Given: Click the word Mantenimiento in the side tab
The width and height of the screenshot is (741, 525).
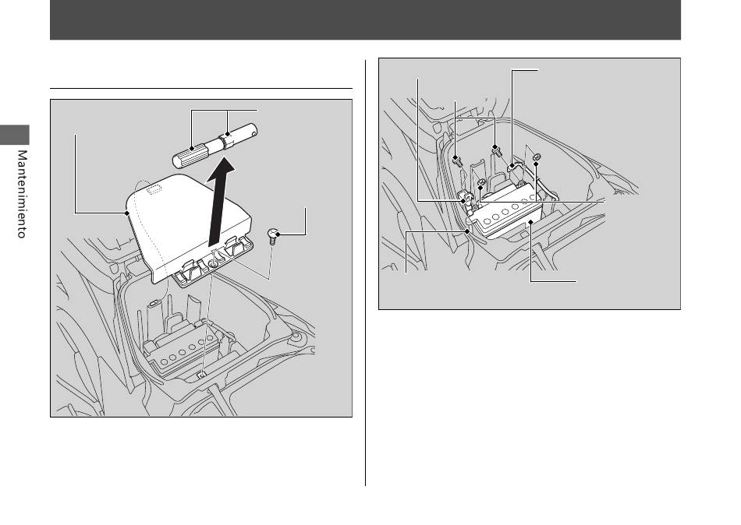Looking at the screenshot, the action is tap(22, 194).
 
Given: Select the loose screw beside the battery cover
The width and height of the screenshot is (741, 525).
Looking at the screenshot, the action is tap(273, 234).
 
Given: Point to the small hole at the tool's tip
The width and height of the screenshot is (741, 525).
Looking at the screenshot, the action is tap(254, 133).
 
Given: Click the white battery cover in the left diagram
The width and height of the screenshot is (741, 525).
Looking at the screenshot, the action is tap(188, 227).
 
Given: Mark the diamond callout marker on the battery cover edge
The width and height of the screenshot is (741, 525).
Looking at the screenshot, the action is tap(127, 213).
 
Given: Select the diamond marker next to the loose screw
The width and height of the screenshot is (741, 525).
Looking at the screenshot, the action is tap(278, 234).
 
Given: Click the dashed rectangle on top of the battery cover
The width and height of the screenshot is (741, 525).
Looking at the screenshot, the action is tap(154, 190).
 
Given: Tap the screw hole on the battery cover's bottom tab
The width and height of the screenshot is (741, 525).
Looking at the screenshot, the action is tap(213, 265).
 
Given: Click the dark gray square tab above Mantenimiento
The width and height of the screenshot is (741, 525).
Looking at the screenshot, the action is tap(15, 135).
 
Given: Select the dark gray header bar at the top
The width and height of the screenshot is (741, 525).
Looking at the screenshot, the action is tap(365, 19).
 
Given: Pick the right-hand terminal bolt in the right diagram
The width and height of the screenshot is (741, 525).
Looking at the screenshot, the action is tap(498, 150).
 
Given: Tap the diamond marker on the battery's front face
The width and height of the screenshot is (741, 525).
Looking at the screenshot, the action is tap(532, 221).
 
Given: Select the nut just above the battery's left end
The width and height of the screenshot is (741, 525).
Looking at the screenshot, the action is tap(480, 182).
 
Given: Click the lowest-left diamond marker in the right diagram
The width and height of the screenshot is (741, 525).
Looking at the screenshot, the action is tap(467, 231).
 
